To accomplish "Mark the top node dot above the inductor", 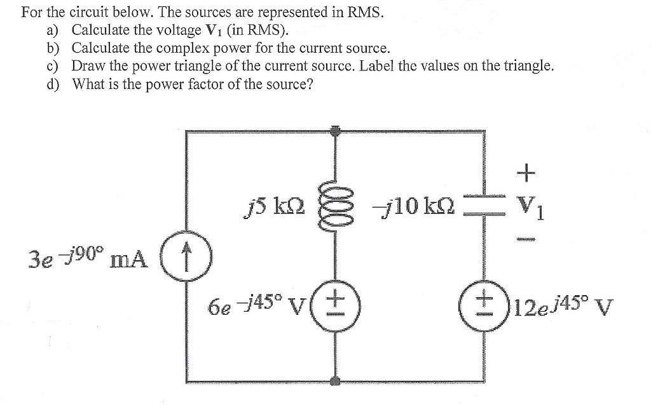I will (336, 131).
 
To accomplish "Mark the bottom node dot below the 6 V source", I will (336, 382).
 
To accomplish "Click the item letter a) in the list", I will (51, 30).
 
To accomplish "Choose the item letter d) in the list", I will (51, 84).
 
